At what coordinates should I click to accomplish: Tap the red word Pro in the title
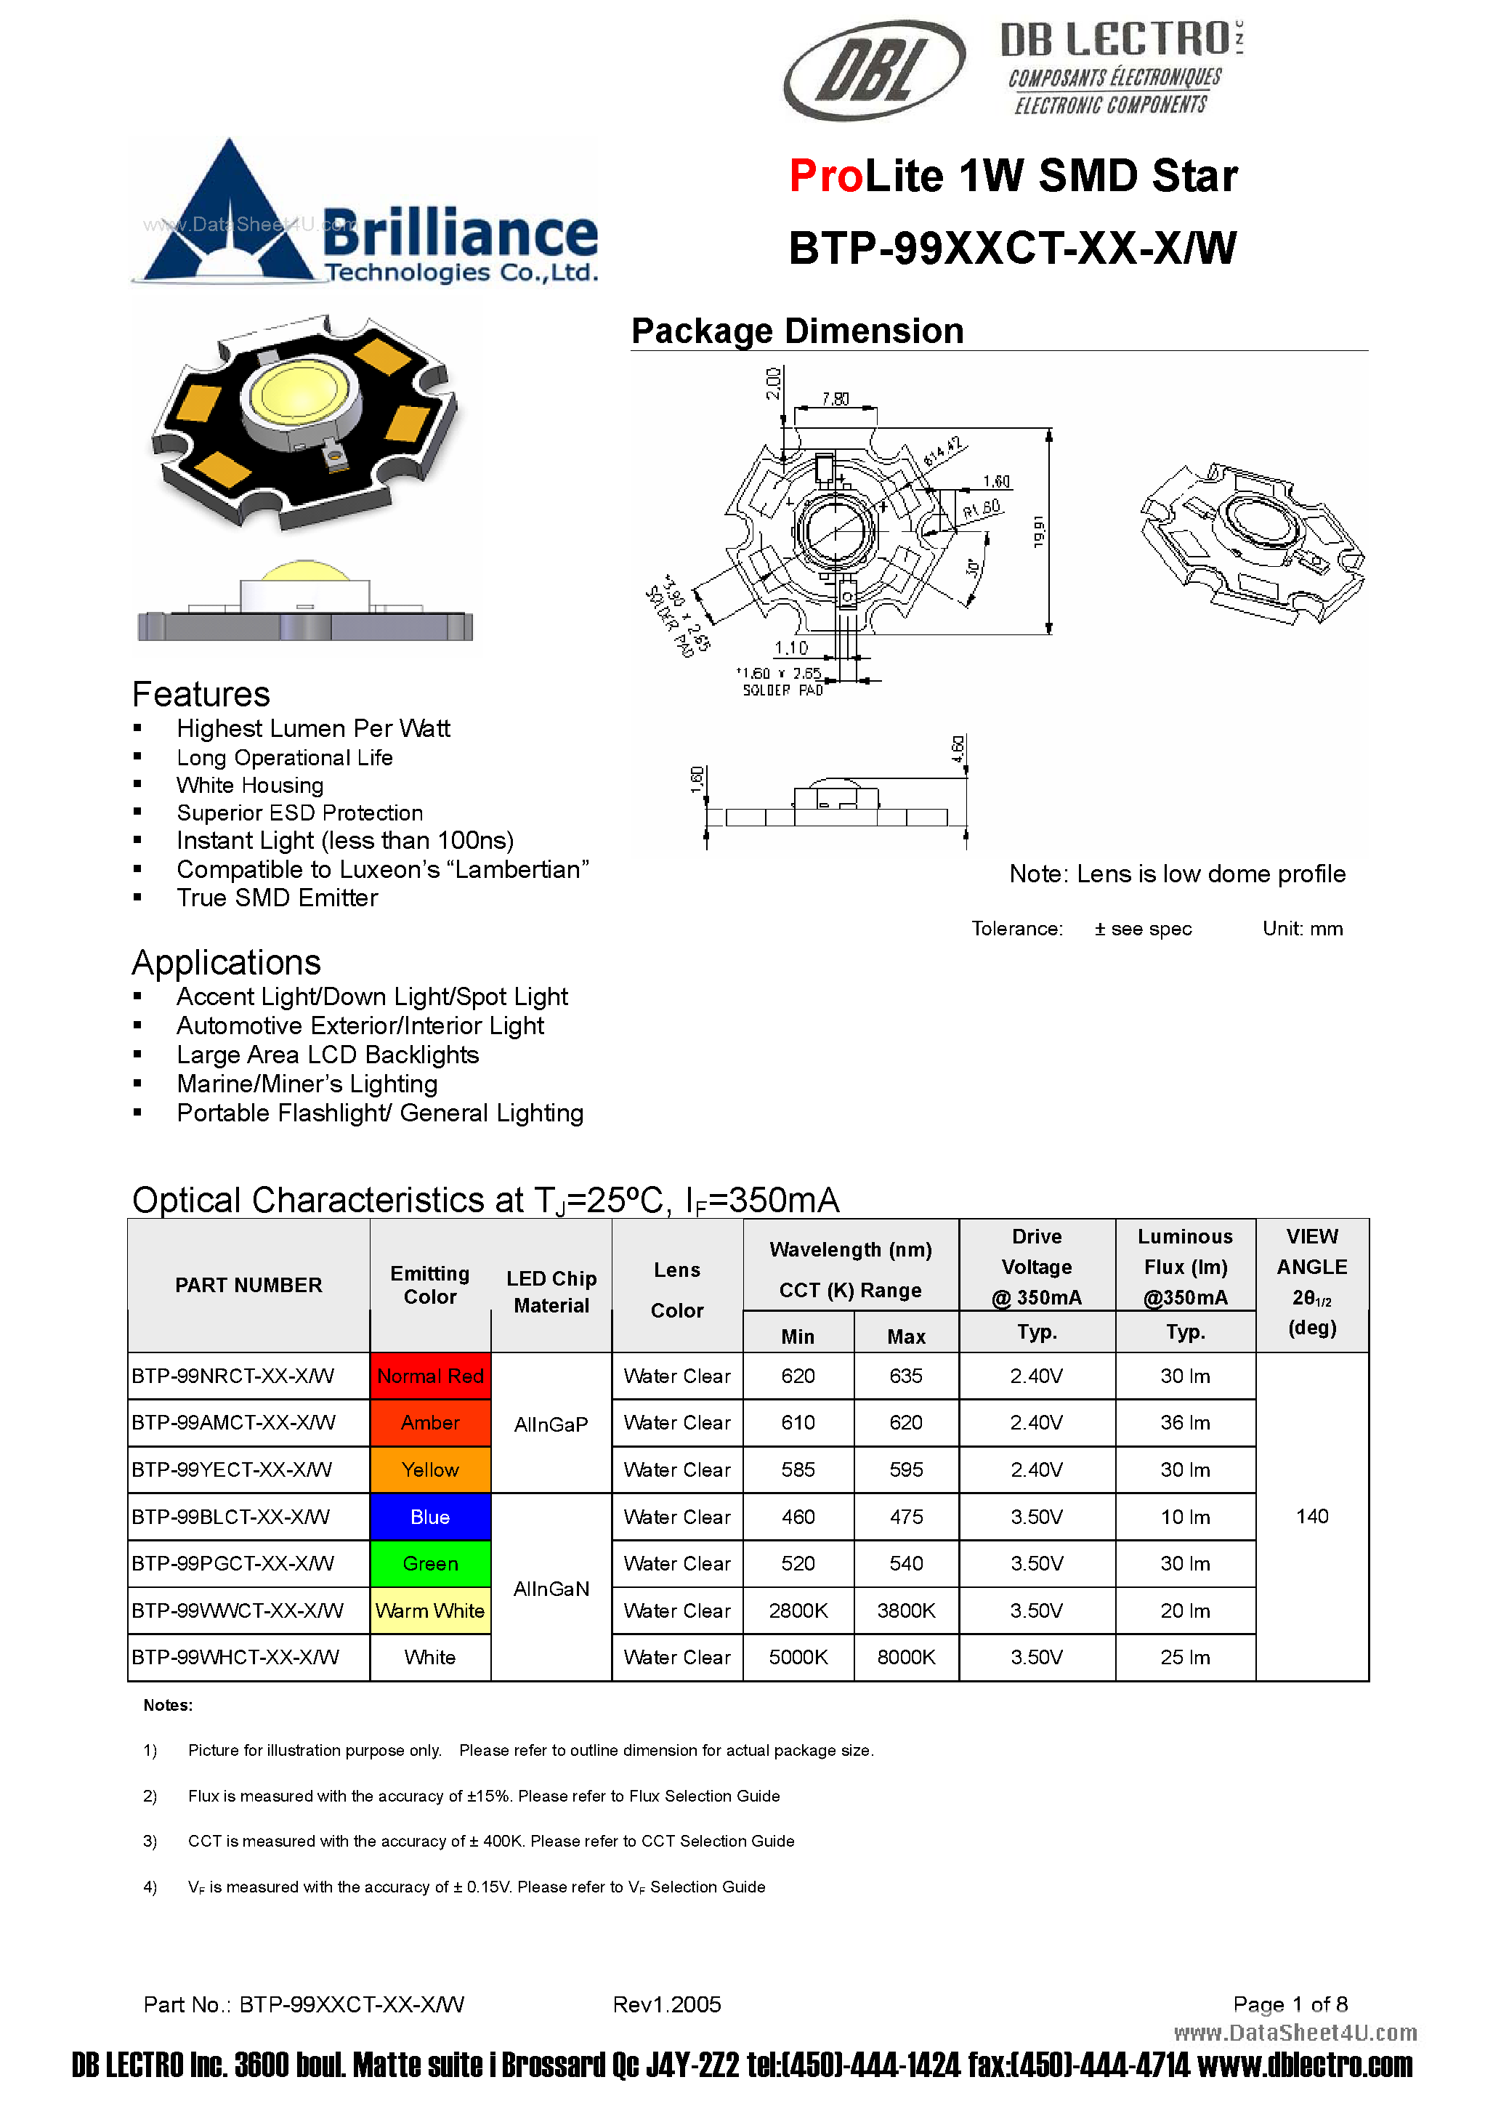[x=826, y=176]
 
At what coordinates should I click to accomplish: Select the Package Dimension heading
[x=797, y=331]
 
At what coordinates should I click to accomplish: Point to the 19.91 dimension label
[x=1039, y=531]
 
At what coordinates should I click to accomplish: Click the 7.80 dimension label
[x=836, y=399]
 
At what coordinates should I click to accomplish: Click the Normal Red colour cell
[x=430, y=1376]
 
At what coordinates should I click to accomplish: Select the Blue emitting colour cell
[x=430, y=1517]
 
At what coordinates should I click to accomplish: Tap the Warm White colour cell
[x=430, y=1610]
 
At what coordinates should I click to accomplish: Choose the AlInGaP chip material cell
[x=551, y=1424]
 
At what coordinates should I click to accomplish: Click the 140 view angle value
[x=1312, y=1516]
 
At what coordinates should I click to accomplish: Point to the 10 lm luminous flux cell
[x=1186, y=1517]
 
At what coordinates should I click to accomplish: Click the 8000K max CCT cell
[x=906, y=1657]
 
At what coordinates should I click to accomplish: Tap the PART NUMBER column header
[x=249, y=1285]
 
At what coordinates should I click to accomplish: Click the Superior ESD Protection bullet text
[x=300, y=812]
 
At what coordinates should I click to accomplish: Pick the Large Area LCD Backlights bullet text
[x=328, y=1055]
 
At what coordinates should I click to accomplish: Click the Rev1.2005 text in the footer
[x=666, y=2004]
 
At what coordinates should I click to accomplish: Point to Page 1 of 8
[x=1290, y=2004]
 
